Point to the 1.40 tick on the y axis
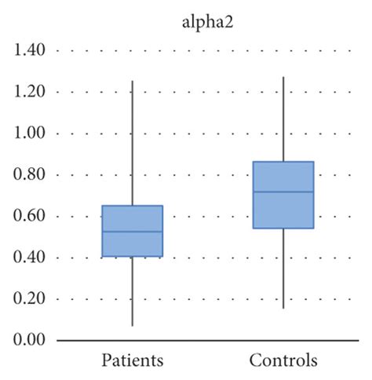pos(29,51)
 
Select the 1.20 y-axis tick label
pos(29,92)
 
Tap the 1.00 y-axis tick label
pos(29,133)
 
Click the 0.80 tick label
pos(29,175)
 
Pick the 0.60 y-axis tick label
pos(29,217)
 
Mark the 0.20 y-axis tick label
pos(29,299)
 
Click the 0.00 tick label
pos(29,341)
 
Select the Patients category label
pos(132,362)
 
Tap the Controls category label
pos(283,362)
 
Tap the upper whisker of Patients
pos(132,141)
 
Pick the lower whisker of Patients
pos(132,290)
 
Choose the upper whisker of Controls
pos(283,118)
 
